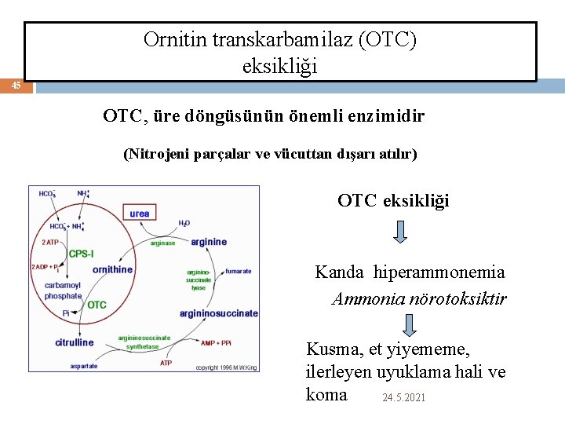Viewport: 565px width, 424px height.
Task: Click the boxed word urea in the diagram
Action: click(x=140, y=214)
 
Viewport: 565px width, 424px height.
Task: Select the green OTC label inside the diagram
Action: click(x=97, y=305)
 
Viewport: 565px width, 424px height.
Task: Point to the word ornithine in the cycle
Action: click(x=112, y=269)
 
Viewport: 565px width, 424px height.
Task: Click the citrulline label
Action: click(x=75, y=342)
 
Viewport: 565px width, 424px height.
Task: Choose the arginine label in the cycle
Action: click(x=208, y=242)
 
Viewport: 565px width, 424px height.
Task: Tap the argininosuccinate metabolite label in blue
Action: click(x=218, y=313)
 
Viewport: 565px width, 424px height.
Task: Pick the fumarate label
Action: click(x=238, y=272)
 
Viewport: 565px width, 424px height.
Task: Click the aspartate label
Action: click(x=84, y=366)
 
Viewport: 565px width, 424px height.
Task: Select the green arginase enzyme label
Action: click(x=162, y=243)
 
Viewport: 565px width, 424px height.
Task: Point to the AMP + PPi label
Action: click(x=216, y=343)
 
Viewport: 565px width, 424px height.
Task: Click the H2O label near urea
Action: click(x=184, y=224)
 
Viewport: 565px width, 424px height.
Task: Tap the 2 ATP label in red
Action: click(x=50, y=243)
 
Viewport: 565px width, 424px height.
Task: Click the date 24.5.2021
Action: click(x=403, y=398)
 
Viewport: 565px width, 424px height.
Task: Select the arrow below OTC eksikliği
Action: click(x=400, y=232)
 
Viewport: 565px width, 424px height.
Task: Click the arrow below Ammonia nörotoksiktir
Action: click(x=409, y=324)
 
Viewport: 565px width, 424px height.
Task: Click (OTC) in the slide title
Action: click(x=387, y=40)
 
